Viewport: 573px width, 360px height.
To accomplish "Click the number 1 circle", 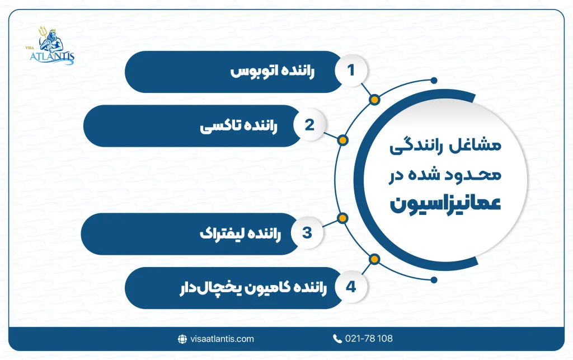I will click(x=351, y=71).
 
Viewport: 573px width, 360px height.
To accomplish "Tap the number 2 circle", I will click(x=309, y=125).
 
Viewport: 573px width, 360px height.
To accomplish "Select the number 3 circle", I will click(x=307, y=233).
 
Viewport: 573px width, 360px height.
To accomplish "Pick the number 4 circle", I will click(x=351, y=287).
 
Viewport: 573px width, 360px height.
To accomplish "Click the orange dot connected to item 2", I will click(x=343, y=140).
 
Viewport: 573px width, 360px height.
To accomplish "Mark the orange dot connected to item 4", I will click(x=374, y=259).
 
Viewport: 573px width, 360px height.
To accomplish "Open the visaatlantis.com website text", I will click(x=222, y=339).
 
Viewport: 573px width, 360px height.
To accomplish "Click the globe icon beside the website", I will click(x=182, y=339).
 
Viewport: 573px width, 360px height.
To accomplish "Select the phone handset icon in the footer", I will click(x=337, y=339).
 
